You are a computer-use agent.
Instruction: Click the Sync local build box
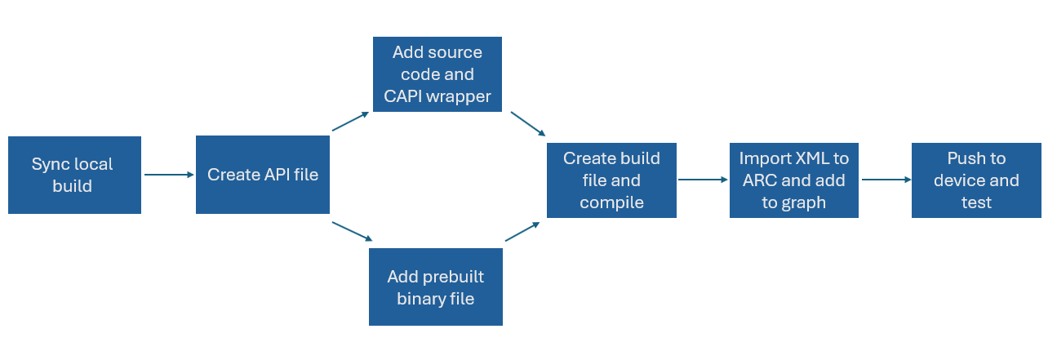[74, 175]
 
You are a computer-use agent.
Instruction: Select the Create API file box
[263, 175]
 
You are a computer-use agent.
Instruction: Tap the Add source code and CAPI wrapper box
[437, 74]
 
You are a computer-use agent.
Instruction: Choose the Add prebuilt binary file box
[436, 287]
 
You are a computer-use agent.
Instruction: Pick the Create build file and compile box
[611, 180]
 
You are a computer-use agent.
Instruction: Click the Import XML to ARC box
[794, 180]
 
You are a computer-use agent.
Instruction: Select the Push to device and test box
[976, 180]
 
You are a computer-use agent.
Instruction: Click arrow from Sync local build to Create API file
[169, 175]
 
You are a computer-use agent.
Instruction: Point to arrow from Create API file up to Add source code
[351, 122]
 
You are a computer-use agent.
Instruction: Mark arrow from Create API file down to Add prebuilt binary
[352, 231]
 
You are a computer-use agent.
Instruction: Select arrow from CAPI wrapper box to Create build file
[528, 124]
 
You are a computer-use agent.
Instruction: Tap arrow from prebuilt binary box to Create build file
[522, 232]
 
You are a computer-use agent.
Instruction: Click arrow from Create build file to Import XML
[703, 180]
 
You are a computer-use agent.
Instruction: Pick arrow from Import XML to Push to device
[886, 180]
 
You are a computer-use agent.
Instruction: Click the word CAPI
[402, 96]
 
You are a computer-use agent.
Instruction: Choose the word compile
[611, 203]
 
